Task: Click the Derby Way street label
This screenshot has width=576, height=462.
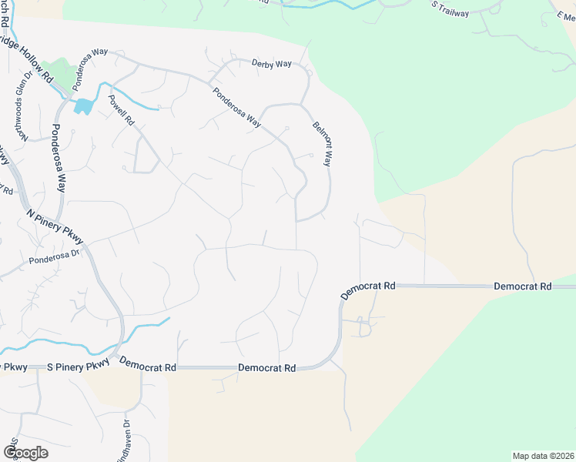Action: tap(272, 63)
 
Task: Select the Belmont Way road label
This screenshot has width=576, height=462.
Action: tap(322, 144)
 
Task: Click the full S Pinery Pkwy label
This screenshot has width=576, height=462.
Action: tap(76, 368)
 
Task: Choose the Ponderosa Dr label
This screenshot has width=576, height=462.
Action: tap(55, 256)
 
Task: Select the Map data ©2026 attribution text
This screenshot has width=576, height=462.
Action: tap(544, 456)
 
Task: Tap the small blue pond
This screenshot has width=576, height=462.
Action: tap(83, 106)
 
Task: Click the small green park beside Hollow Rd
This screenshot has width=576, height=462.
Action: tap(58, 72)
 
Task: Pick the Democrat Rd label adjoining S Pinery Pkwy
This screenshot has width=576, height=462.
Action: tap(148, 368)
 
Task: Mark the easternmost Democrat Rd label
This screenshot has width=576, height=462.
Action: tap(523, 286)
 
